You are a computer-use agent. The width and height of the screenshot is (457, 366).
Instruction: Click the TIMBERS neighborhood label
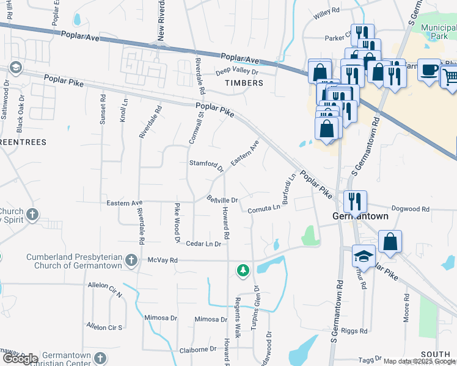coord(244,82)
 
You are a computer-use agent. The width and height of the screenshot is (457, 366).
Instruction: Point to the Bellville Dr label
coord(222,199)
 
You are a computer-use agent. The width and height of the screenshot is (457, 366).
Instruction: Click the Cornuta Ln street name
coord(264,209)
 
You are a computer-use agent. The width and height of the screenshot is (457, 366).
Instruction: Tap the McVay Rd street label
coord(163,260)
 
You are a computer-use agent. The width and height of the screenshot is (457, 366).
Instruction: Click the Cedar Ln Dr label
coord(203,243)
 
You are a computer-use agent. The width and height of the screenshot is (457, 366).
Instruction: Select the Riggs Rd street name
coord(356,331)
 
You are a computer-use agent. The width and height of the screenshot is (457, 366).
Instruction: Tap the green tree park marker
coord(243,270)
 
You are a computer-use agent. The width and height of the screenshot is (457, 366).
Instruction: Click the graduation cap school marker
coord(364,257)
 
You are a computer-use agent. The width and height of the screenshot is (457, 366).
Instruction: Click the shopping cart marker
coord(450,76)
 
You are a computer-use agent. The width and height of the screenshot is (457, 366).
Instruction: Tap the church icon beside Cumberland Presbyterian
coord(131,261)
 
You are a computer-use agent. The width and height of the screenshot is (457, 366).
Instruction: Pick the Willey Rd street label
coord(326,11)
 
